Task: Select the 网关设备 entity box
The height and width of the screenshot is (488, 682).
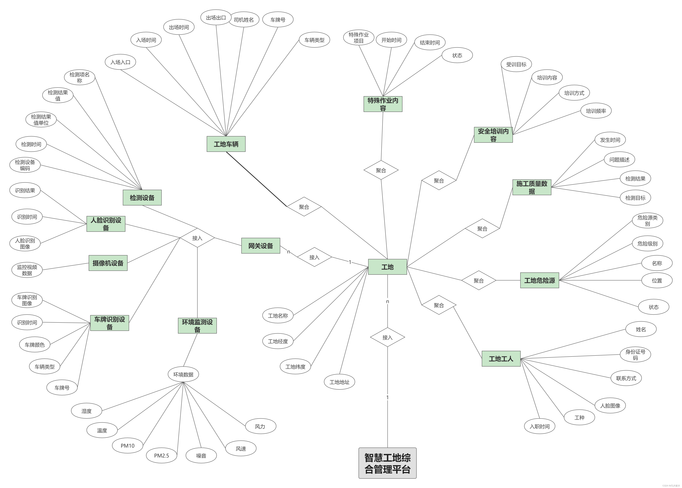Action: pos(261,246)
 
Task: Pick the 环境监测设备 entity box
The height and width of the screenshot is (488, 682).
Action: pos(197,326)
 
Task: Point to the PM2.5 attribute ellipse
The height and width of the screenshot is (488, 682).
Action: pos(161,456)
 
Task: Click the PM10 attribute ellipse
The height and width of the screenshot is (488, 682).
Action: pos(127,446)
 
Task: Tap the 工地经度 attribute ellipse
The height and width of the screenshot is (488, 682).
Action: pos(278,341)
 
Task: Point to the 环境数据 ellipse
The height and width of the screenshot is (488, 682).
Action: pos(183,374)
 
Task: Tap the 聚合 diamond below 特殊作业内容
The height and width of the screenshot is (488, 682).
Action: pos(381,170)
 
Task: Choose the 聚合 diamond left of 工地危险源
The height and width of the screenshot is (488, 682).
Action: pos(479,281)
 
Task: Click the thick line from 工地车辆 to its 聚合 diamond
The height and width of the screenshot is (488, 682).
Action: pos(256,179)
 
